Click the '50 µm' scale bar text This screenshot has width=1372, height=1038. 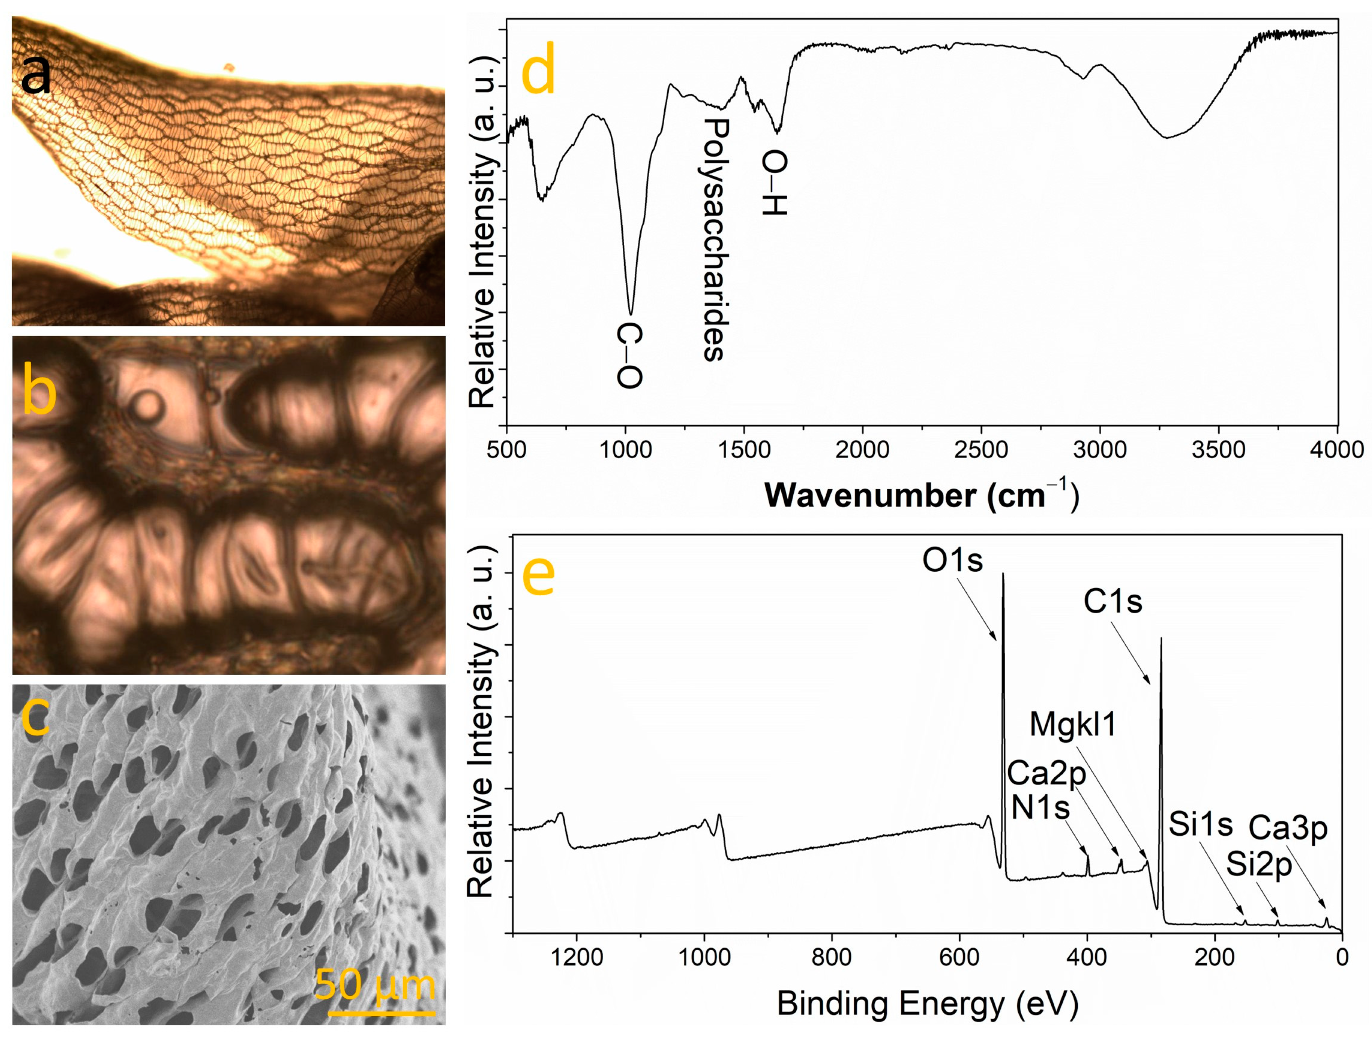[x=375, y=985]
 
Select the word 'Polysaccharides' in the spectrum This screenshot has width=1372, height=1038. [x=715, y=240]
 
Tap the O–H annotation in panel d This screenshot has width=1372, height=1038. [x=775, y=184]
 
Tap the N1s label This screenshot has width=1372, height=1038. [x=1040, y=807]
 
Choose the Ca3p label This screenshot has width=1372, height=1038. [x=1288, y=828]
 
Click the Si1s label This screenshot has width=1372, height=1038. [x=1201, y=825]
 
